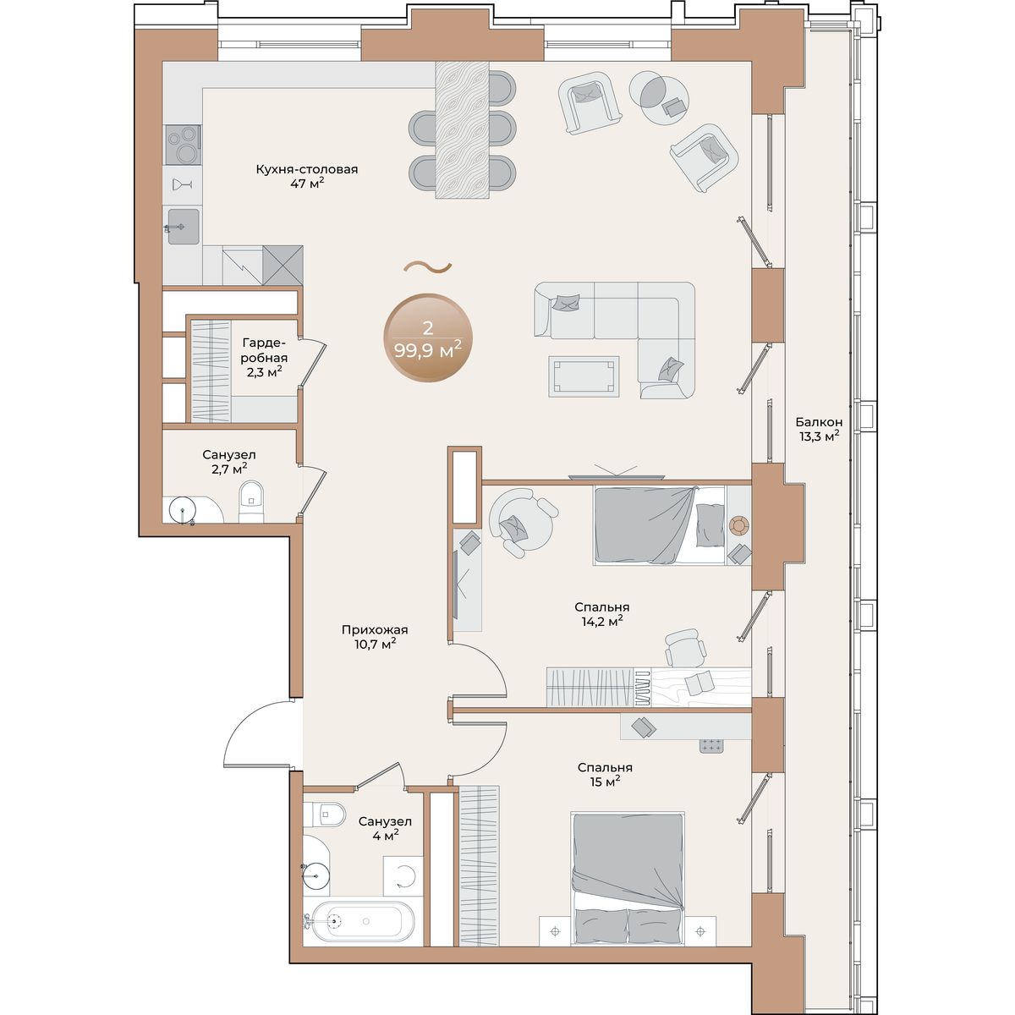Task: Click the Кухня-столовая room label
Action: tap(306, 169)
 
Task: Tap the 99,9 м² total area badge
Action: tap(428, 338)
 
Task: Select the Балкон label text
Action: tap(819, 422)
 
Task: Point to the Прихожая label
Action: tap(375, 630)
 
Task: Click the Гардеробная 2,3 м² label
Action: tap(265, 358)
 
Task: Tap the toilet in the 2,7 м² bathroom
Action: tap(250, 502)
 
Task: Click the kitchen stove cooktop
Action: tap(183, 145)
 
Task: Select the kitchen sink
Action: tap(184, 227)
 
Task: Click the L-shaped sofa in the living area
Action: tap(615, 339)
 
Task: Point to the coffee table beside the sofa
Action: tap(584, 376)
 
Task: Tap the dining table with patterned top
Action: tap(462, 129)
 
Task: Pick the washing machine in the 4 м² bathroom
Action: tap(403, 875)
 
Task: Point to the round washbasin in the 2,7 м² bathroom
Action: tap(182, 510)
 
